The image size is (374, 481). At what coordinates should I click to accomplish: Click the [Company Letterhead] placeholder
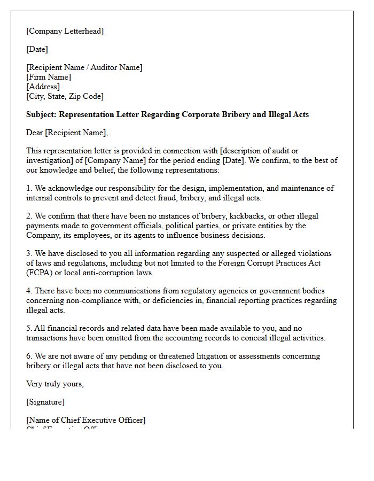pos(65,31)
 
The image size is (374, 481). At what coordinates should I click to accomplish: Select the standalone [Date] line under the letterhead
pos(37,49)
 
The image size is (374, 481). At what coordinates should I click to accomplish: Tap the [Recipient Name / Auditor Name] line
pos(84,67)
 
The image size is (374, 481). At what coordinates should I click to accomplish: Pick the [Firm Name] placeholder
pos(49,77)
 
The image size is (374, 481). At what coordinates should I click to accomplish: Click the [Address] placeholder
pos(43,87)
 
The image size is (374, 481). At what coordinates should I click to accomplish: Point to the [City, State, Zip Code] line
pos(65,96)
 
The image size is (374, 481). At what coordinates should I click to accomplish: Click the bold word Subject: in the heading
pos(41,114)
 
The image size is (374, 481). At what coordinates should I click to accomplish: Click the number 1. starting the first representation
pos(29,188)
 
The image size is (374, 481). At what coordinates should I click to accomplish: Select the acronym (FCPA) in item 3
pos(38,273)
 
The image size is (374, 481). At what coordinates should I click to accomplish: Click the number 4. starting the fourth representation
pos(29,291)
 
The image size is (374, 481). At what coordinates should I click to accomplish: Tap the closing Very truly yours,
pos(55,384)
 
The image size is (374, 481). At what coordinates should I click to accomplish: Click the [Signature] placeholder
pos(45,402)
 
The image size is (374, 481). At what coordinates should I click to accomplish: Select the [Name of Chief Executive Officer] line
pos(85,420)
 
